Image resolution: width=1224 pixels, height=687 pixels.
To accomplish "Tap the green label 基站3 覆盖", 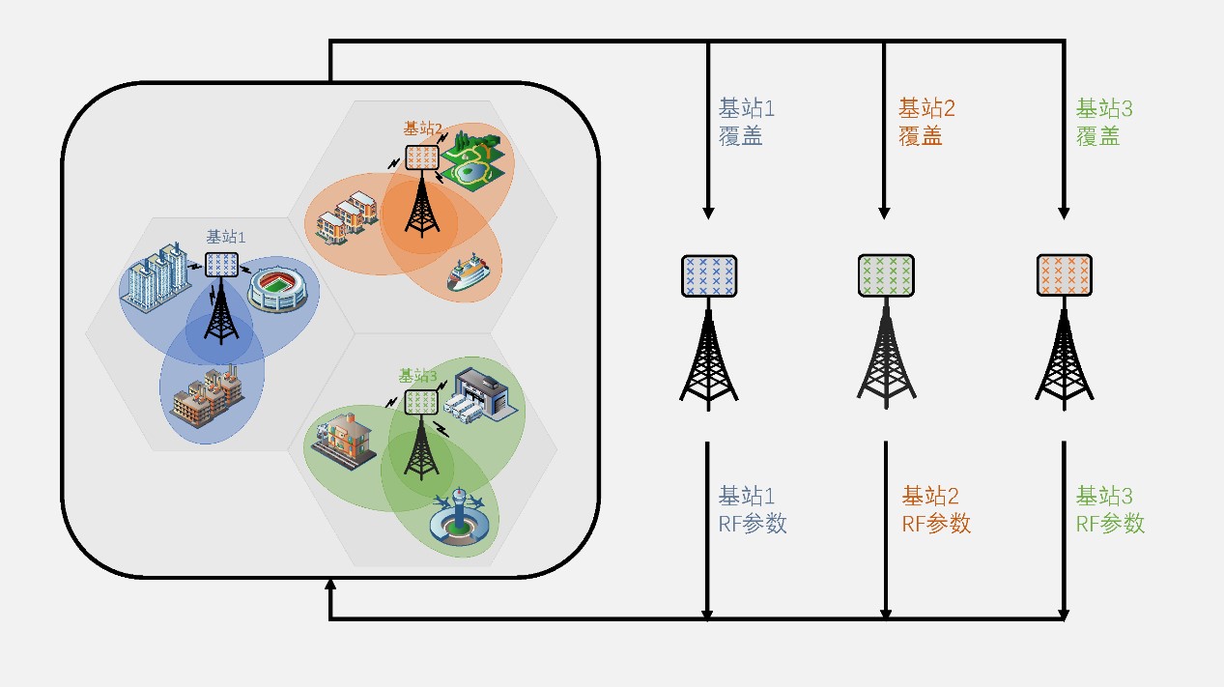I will coord(1104,122).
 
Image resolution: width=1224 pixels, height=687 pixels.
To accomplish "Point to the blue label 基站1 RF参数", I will coord(752,510).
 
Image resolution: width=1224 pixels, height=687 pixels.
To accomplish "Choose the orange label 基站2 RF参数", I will coord(935,510).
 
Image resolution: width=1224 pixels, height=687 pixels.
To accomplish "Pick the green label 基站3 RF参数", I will coord(1110,510).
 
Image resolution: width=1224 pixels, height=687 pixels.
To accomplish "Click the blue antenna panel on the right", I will coord(709,275).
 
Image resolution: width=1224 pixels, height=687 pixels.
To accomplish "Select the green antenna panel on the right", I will coord(886,275).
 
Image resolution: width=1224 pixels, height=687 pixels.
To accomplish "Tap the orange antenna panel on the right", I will coord(1065,275).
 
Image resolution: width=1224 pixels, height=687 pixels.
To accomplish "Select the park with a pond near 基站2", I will coord(471,160).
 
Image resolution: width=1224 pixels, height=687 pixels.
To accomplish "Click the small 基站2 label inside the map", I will coord(423,129).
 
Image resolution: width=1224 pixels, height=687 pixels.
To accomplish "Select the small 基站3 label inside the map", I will coord(418,376).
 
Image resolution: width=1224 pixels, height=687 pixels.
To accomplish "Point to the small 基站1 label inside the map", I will coord(226,237).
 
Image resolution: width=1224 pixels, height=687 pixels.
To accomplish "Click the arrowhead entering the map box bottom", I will coord(330,586).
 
